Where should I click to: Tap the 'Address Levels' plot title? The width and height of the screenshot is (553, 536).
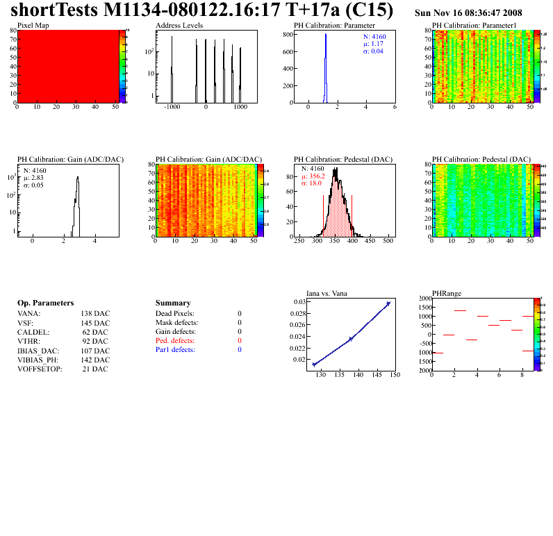[x=179, y=25]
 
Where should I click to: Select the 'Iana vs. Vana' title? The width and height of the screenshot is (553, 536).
[x=327, y=293]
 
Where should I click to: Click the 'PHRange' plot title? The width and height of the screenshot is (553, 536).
[x=445, y=293]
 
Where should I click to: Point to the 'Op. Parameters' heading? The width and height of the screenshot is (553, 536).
[x=45, y=303]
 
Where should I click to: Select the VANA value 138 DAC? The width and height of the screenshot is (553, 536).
[x=95, y=314]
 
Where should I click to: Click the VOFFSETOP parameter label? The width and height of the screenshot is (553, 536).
[x=40, y=369]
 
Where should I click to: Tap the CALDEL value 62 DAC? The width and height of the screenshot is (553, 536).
[x=95, y=332]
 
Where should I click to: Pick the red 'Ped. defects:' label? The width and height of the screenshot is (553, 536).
[x=175, y=341]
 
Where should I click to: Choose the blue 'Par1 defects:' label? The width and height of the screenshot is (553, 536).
[x=175, y=350]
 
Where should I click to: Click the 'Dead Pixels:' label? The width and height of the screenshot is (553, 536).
[x=174, y=314]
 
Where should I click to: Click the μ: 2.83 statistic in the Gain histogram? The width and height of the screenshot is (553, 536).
[x=33, y=177]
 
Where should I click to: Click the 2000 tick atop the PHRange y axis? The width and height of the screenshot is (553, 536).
[x=423, y=299]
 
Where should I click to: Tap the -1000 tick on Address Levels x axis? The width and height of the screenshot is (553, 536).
[x=171, y=108]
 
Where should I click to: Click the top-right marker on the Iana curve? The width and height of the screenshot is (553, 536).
[x=388, y=303]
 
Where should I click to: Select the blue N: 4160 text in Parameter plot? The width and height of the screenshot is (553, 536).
[x=375, y=36]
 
